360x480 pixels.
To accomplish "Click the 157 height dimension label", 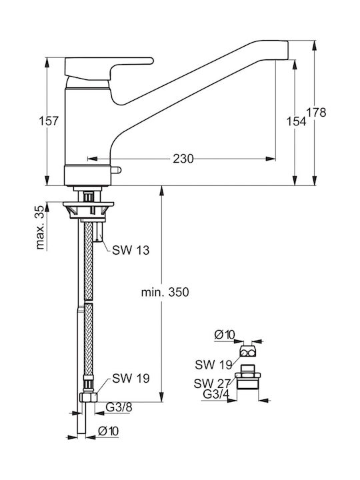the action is pyautogui.click(x=49, y=121).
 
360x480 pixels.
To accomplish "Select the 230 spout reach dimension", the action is pyautogui.click(x=183, y=159).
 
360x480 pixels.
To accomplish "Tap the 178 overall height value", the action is pyautogui.click(x=317, y=113).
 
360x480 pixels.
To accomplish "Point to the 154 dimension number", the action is pyautogui.click(x=296, y=121).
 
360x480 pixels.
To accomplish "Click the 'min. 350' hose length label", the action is pyautogui.click(x=165, y=293).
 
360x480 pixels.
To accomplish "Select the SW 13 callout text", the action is pyautogui.click(x=131, y=251).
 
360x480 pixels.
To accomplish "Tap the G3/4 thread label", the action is pyautogui.click(x=216, y=395).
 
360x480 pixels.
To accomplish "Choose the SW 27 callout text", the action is pyautogui.click(x=212, y=383).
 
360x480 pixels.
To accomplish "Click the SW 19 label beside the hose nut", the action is pyautogui.click(x=131, y=379).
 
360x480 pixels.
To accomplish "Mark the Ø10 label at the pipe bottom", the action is pyautogui.click(x=108, y=431).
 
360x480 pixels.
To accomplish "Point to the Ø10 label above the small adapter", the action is pyautogui.click(x=225, y=335).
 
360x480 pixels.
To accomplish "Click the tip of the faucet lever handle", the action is pyautogui.click(x=152, y=61).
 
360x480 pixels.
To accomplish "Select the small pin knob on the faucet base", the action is pyautogui.click(x=117, y=170).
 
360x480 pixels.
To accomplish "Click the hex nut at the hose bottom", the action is pyautogui.click(x=89, y=397).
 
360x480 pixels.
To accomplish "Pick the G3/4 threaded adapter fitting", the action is pyautogui.click(x=247, y=377).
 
